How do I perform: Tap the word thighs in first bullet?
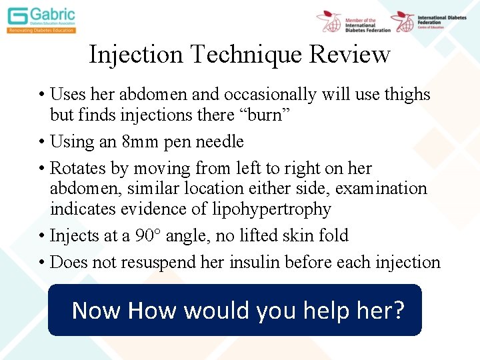(x=406, y=95)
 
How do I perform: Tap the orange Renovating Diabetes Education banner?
(x=41, y=30)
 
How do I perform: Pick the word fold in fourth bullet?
(x=332, y=235)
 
